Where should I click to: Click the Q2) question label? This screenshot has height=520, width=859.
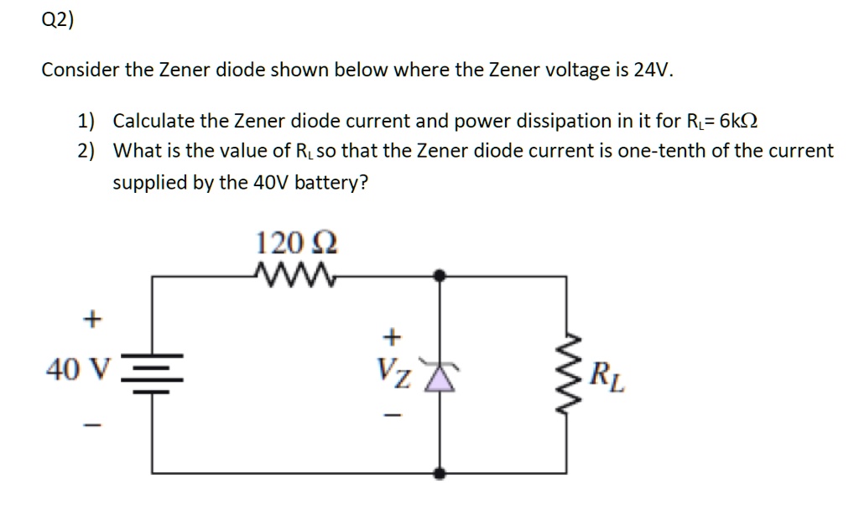point(57,22)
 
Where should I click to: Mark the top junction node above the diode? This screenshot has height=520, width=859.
point(439,273)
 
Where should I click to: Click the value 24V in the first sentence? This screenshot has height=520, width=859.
point(653,70)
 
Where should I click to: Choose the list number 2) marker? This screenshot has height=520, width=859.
point(86,152)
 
